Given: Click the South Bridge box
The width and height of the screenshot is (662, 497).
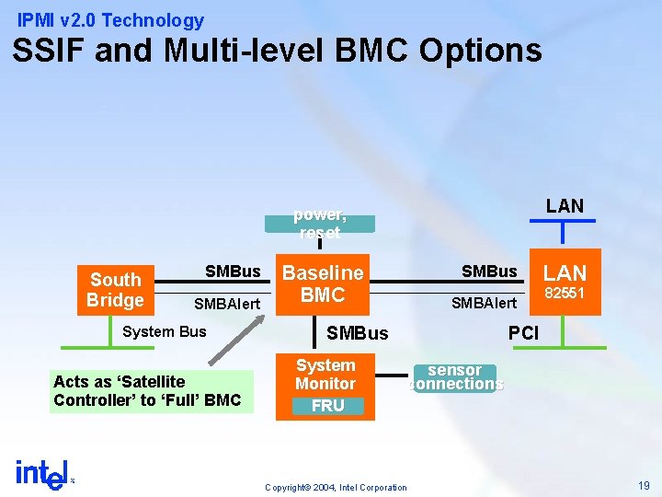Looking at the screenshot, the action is click(115, 290).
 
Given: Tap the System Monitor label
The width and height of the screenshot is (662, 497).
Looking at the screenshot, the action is click(325, 375).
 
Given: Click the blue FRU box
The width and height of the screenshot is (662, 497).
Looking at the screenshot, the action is click(327, 406).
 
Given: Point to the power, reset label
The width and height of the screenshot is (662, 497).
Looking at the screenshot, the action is click(319, 224).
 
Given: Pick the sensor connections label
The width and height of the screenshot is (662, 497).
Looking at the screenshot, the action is click(457, 377).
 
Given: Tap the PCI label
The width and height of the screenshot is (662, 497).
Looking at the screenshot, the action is click(523, 333).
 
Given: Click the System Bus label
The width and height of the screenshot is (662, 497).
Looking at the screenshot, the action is click(165, 331).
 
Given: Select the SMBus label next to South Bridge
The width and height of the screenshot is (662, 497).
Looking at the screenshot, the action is click(233, 272).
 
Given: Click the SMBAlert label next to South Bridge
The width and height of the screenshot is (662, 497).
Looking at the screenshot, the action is click(227, 304).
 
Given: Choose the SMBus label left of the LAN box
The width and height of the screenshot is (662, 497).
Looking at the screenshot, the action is click(489, 272).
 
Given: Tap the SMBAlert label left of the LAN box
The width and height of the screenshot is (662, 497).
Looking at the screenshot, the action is click(484, 302).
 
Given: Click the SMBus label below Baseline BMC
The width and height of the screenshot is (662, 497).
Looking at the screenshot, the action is click(358, 333).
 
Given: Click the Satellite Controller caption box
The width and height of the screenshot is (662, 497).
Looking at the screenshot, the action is click(151, 391).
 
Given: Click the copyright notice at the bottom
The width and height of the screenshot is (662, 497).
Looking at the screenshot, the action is click(335, 487).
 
